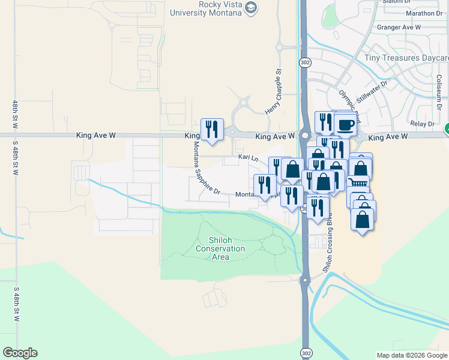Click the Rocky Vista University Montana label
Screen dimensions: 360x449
(207, 8)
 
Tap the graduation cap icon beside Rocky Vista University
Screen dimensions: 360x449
(252, 8)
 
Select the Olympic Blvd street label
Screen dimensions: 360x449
(349, 104)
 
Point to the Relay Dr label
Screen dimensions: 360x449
(422, 124)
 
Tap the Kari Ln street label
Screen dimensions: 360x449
(248, 157)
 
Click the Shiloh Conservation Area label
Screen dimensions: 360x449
(221, 248)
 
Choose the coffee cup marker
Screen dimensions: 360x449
(345, 124)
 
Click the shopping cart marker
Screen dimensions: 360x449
(358, 184)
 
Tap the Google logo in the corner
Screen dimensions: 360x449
(20, 353)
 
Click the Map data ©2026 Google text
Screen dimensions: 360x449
(411, 355)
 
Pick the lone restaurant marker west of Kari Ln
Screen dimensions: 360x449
(212, 129)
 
